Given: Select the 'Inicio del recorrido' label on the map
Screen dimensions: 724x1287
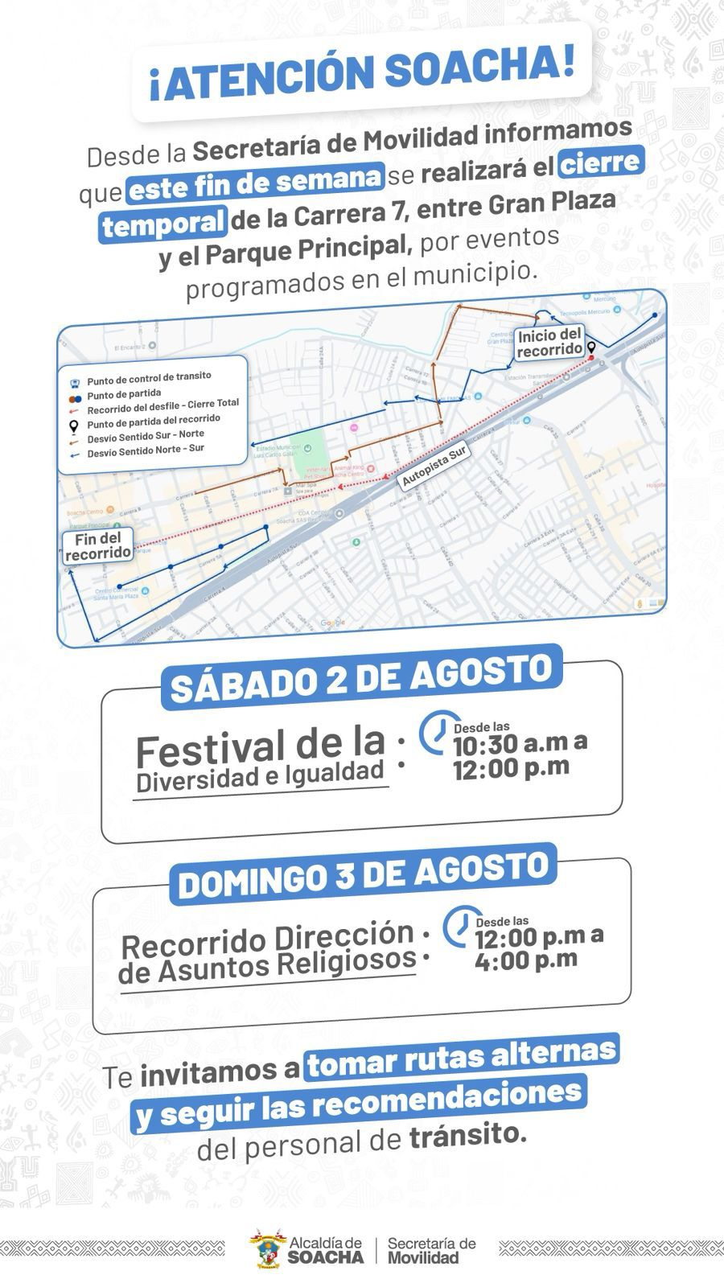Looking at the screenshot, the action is (x=549, y=343).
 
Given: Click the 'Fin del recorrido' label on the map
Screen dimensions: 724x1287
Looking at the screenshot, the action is (x=98, y=546).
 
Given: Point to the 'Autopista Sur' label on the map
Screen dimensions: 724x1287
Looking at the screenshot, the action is (x=434, y=467).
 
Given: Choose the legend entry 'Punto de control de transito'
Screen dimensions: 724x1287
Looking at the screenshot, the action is (x=149, y=378).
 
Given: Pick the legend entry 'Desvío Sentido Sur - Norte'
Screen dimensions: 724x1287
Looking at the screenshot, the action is (x=146, y=437).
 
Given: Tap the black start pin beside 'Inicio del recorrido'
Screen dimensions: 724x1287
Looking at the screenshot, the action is (x=591, y=348).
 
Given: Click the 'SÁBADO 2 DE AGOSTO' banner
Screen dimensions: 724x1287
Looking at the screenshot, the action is (x=361, y=677).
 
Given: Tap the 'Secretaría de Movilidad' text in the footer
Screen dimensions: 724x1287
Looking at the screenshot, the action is (x=431, y=1250).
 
